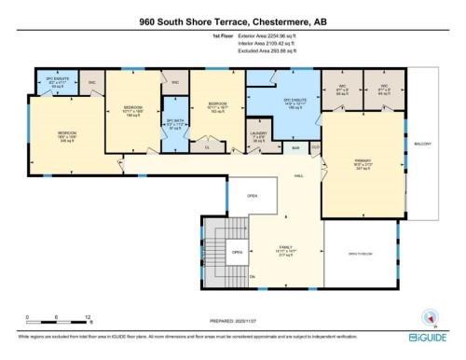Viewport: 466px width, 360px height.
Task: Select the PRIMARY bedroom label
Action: point(363,162)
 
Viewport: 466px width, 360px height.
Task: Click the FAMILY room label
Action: point(275,249)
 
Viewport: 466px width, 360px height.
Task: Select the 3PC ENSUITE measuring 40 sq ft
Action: point(55,84)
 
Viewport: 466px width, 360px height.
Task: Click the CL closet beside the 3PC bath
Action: point(207,146)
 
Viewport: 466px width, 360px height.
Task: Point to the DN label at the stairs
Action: point(252,276)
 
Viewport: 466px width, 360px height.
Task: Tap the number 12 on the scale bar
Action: point(87,318)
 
